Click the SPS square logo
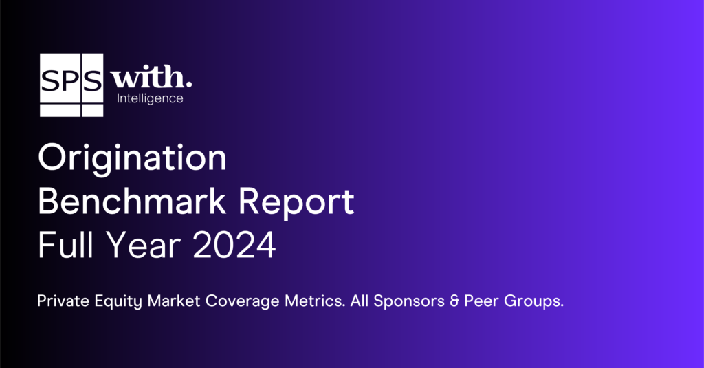[71, 85]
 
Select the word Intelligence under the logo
[150, 98]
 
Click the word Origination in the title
[133, 158]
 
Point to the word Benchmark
[132, 202]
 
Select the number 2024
[234, 245]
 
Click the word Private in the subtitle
[63, 301]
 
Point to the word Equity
[118, 301]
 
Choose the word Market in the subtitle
[174, 301]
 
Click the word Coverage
[243, 301]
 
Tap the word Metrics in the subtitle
[315, 301]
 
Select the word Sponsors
[409, 301]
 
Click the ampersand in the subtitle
[454, 301]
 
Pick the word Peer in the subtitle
[481, 301]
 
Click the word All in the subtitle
[360, 301]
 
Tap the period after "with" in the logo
[189, 85]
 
